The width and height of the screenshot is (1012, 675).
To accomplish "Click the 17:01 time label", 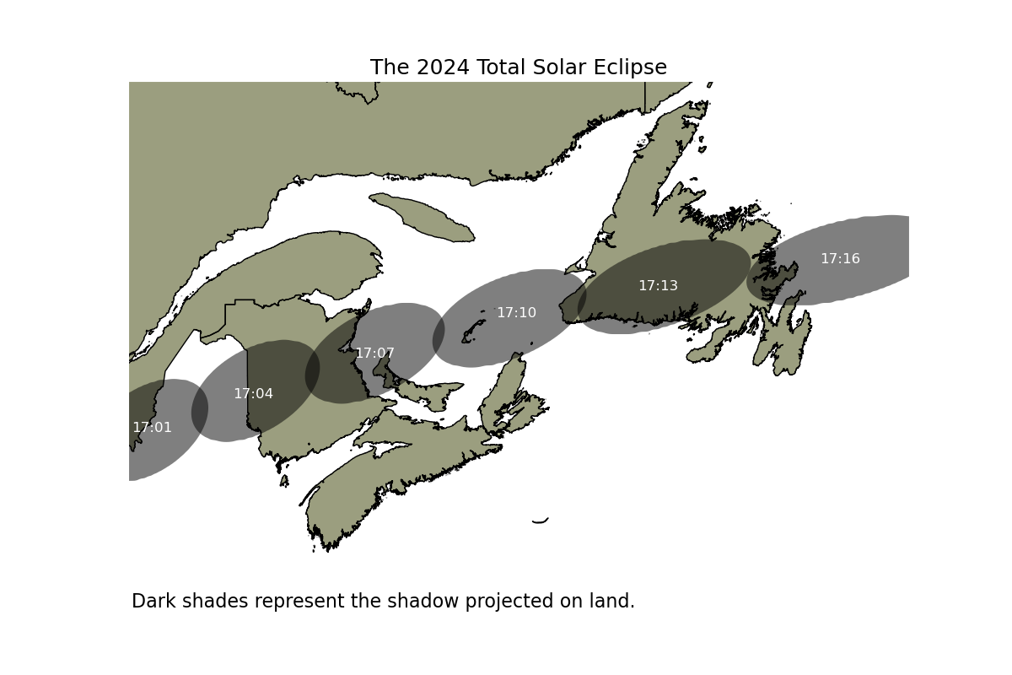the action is (x=153, y=427).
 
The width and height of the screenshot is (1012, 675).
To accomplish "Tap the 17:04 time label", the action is (x=254, y=393).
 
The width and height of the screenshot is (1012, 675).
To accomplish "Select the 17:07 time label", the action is (x=375, y=353).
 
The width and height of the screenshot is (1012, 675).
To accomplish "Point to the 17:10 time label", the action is (x=516, y=312).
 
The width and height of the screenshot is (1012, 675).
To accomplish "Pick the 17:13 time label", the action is (x=659, y=285).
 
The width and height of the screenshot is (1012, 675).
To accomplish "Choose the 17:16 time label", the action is (x=840, y=258).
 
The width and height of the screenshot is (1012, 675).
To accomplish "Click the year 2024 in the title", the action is (x=443, y=67).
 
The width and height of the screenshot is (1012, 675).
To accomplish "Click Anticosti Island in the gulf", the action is (x=422, y=217).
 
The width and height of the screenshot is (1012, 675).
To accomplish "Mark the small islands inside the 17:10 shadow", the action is (x=473, y=332).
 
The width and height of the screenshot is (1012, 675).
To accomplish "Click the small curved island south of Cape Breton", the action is (x=541, y=521).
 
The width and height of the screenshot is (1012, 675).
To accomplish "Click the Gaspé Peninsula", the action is (x=289, y=267).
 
